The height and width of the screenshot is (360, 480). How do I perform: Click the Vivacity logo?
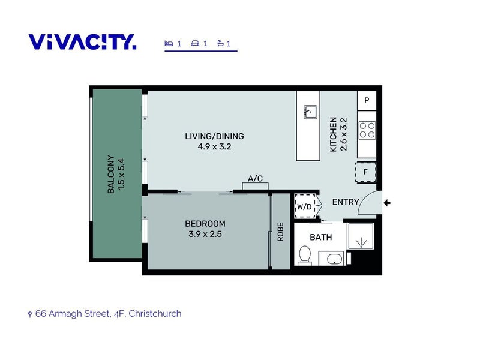coord(82,42)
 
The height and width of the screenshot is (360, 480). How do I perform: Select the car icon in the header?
coord(195,43)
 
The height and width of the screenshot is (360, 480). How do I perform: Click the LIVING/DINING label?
coord(214,136)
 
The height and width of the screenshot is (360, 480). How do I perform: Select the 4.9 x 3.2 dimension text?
coord(214,146)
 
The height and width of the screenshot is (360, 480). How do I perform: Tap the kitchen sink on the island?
coord(310,112)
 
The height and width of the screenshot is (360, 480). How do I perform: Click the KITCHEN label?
coord(334,134)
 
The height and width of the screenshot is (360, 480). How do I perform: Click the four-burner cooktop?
coord(367,130)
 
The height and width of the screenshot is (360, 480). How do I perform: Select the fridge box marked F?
coord(365,172)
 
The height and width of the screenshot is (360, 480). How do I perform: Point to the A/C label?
coord(254,179)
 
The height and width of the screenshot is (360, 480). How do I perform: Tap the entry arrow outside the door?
coord(388,203)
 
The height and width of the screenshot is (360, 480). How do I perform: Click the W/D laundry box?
coord(305,206)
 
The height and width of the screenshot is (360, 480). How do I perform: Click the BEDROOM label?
coord(205,224)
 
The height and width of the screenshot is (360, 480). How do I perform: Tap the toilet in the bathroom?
coord(305,254)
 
